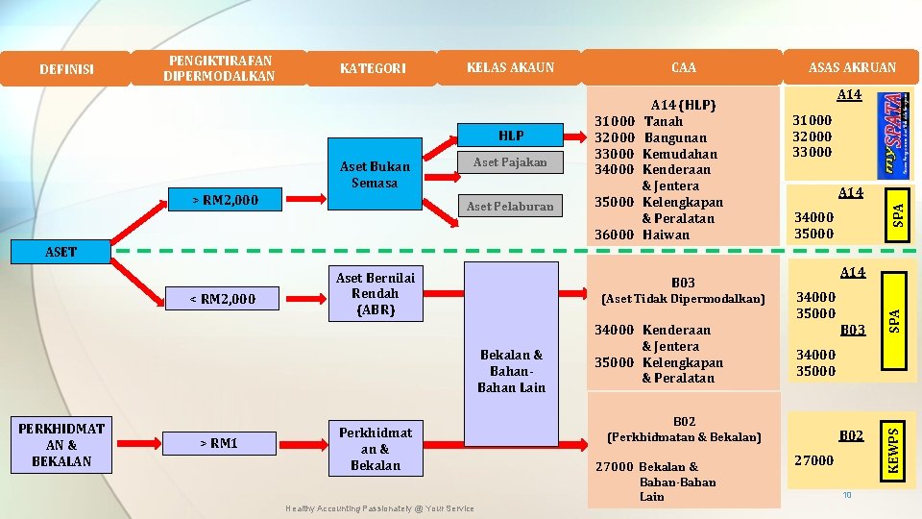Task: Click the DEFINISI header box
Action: click(x=66, y=68)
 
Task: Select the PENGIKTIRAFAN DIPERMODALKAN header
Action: click(x=219, y=67)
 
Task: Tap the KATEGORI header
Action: click(x=374, y=68)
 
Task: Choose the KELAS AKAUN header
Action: click(x=510, y=67)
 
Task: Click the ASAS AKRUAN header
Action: click(x=852, y=67)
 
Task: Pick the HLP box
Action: click(x=511, y=136)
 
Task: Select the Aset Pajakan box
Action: click(x=511, y=162)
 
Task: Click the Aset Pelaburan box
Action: click(x=510, y=206)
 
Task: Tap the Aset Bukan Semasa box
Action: click(x=375, y=175)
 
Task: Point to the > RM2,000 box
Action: click(x=225, y=200)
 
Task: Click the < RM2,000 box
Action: click(x=224, y=299)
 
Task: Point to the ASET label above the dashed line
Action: click(x=61, y=252)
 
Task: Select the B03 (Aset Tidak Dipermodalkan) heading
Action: click(x=683, y=291)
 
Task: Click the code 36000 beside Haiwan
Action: click(x=615, y=235)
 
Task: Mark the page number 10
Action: click(x=847, y=495)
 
